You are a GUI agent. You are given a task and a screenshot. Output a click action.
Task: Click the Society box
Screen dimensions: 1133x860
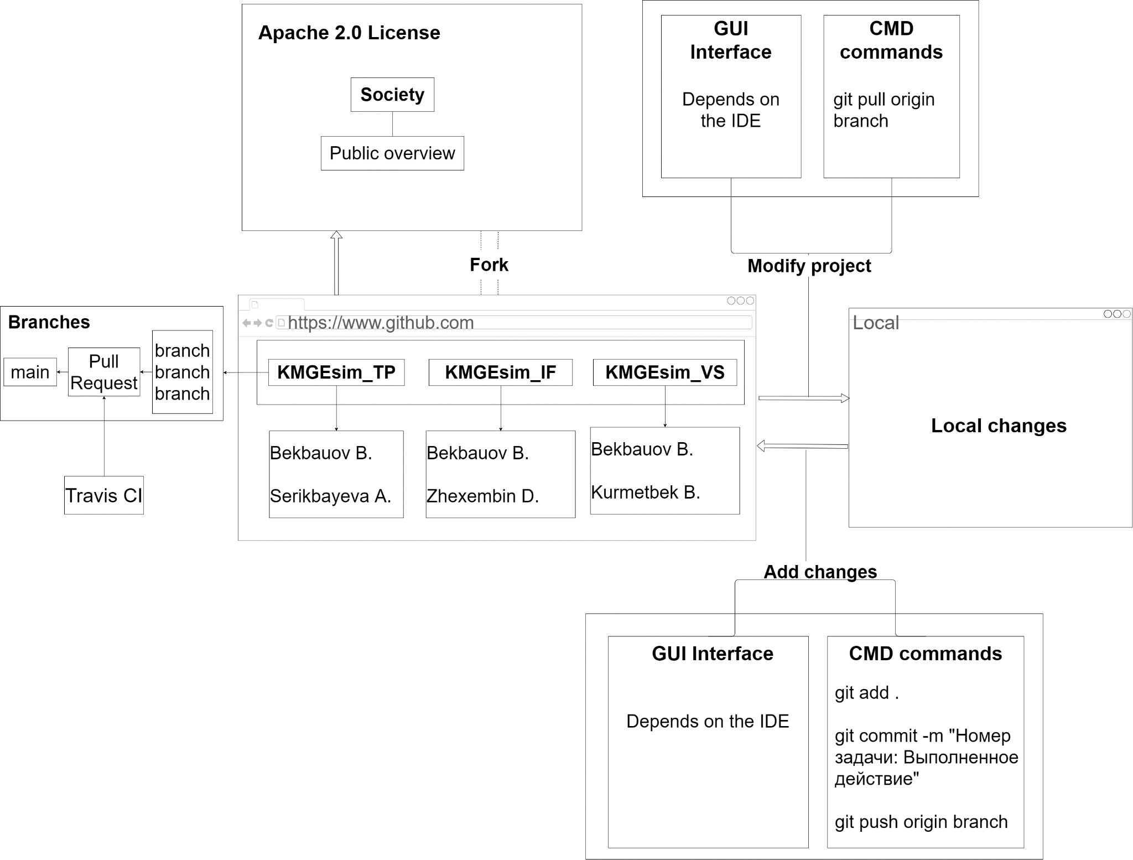(392, 95)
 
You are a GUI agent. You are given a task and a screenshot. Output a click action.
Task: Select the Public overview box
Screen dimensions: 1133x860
(392, 153)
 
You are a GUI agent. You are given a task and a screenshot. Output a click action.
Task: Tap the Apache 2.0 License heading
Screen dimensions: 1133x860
(349, 33)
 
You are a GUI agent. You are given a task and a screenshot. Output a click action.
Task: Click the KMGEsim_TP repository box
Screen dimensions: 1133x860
(336, 372)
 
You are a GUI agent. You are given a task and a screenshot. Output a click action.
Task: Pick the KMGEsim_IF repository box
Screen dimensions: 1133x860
(501, 372)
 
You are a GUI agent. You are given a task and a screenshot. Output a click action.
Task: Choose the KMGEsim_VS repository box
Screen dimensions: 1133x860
(665, 372)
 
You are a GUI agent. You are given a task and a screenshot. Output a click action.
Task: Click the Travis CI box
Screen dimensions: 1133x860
(104, 495)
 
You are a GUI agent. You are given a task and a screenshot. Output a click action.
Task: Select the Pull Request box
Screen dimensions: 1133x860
(104, 372)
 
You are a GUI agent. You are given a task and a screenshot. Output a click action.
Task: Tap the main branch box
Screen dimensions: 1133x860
(30, 372)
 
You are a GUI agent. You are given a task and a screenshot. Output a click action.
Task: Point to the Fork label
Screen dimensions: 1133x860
(489, 265)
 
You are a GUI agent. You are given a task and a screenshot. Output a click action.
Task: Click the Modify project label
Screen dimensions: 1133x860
(809, 266)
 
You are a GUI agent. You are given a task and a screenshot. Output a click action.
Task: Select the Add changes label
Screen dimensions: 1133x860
(820, 572)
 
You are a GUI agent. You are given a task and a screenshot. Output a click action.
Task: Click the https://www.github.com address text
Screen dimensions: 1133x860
(381, 323)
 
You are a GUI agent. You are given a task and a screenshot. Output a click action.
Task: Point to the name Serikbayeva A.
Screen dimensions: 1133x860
(331, 496)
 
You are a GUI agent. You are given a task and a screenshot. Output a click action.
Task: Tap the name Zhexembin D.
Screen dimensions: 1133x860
(482, 496)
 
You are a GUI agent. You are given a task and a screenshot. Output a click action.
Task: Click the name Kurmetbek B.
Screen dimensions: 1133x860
(646, 492)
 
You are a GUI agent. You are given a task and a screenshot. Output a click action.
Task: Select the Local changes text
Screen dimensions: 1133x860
(999, 426)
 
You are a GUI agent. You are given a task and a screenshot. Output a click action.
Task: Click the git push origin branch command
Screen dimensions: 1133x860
(921, 822)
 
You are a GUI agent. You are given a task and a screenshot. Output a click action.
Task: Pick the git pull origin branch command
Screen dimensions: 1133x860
(884, 110)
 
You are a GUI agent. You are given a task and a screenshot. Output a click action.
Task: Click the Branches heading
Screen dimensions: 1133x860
(49, 322)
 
